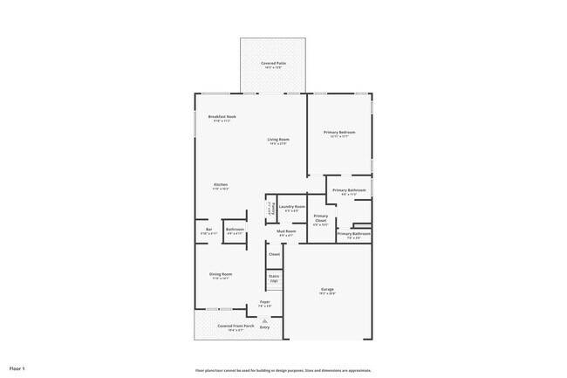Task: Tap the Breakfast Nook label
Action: [x=222, y=118]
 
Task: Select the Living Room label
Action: [x=278, y=141]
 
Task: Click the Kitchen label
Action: [x=221, y=186]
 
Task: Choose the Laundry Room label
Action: [x=292, y=208]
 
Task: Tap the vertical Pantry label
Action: [x=270, y=210]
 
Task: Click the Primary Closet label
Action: [x=321, y=219]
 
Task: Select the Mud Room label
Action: [x=287, y=232]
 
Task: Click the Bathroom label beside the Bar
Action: [x=235, y=231]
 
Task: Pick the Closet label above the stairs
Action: [x=274, y=255]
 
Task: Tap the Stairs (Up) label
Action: [x=274, y=278]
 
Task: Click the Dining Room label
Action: [x=221, y=276]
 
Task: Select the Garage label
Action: [x=327, y=291]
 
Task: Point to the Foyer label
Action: [x=264, y=303]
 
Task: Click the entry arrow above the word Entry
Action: [x=264, y=320]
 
